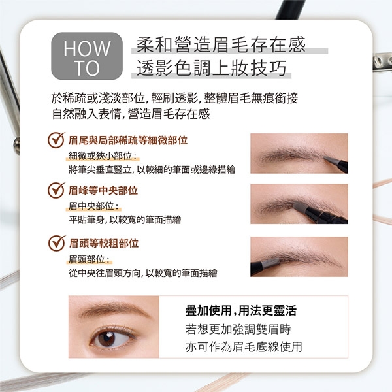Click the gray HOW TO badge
[x=87, y=56]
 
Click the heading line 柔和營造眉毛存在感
[x=221, y=44]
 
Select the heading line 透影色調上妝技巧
[x=212, y=68]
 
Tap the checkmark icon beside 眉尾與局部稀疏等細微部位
[x=56, y=140]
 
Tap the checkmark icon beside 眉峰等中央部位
[x=56, y=190]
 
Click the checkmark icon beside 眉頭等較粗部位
[x=57, y=243]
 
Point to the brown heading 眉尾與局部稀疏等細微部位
[x=128, y=140]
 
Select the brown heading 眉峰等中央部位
[x=103, y=191]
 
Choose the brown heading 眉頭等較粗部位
[x=104, y=243]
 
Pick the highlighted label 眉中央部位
[x=93, y=206]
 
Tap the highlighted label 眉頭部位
[x=89, y=259]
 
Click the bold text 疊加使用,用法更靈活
[x=241, y=310]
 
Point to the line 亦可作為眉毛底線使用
[x=244, y=347]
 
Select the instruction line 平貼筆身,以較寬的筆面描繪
[x=125, y=220]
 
